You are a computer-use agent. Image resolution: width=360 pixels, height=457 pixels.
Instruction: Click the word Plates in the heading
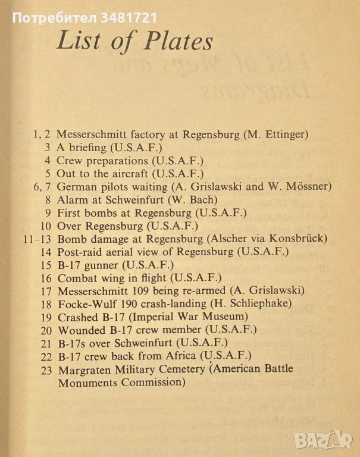click(177, 42)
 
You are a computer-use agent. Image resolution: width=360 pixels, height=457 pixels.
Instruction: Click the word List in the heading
click(78, 42)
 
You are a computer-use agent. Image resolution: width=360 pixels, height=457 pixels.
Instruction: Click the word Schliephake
click(267, 303)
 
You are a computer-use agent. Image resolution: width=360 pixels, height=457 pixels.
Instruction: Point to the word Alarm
click(71, 199)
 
